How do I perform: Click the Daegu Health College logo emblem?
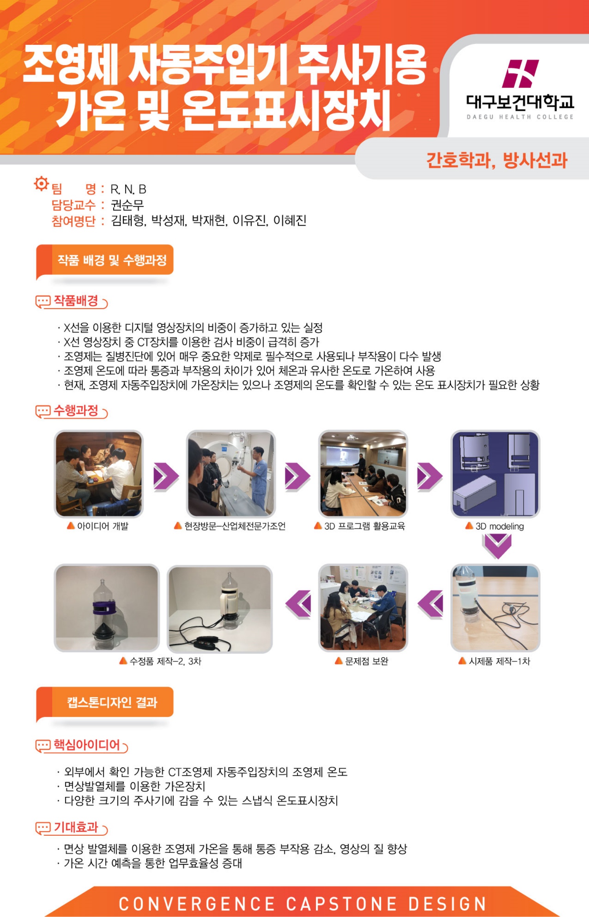tap(520, 73)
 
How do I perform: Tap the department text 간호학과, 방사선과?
tap(497, 160)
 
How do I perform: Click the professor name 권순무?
tap(127, 205)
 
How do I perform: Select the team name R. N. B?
tap(128, 189)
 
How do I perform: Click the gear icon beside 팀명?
tap(41, 183)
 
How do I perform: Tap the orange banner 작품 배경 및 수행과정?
tap(105, 260)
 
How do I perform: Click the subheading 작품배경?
tap(76, 301)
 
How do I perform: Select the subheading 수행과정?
tap(76, 410)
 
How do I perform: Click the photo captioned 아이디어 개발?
tap(99, 474)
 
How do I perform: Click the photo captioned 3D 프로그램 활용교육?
tap(363, 474)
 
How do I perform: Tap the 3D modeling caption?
tap(499, 526)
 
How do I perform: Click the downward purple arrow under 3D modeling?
tap(497, 546)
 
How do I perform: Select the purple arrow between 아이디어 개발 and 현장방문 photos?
tap(166, 477)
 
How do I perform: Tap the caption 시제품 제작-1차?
tap(499, 661)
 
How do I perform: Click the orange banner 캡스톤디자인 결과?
tap(105, 702)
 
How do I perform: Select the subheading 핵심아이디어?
tap(87, 745)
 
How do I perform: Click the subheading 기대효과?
tap(76, 827)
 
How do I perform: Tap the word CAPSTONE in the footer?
tap(341, 904)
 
